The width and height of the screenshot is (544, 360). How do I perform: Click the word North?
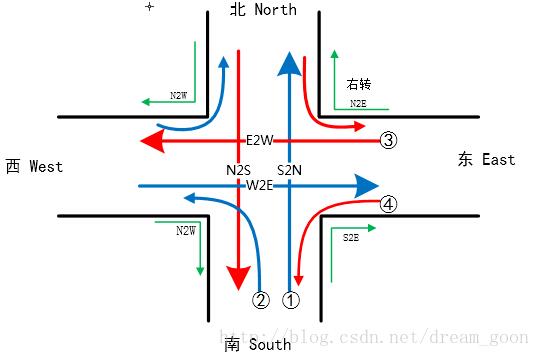click(275, 10)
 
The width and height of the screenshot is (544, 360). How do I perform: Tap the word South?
click(271, 345)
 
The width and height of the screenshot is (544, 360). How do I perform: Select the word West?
click(46, 166)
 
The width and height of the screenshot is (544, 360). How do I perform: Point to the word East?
click(498, 159)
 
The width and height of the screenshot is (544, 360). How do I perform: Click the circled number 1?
click(291, 299)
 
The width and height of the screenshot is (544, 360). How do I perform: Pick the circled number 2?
click(261, 299)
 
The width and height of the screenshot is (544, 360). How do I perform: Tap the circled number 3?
click(389, 141)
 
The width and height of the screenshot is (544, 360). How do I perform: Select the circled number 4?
click(389, 205)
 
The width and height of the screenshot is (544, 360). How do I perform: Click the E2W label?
click(260, 141)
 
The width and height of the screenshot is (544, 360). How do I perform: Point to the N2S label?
click(238, 170)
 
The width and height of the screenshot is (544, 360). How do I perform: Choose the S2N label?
click(289, 170)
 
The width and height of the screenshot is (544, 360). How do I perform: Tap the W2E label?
click(260, 185)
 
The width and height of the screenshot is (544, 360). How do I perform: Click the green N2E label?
click(358, 103)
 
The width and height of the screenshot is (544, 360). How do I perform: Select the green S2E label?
click(351, 238)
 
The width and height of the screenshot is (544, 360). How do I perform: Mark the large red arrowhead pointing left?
click(153, 141)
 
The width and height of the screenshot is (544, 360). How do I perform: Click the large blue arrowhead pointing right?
click(366, 185)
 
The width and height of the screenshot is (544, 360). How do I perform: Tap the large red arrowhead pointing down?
click(238, 274)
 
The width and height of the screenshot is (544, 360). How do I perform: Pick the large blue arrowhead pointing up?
click(289, 64)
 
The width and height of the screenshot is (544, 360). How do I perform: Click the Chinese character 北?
click(238, 10)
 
